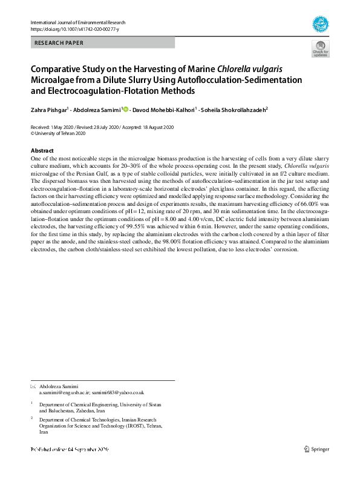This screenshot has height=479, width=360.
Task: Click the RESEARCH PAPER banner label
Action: [59, 43]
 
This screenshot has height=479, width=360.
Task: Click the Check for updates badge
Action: [320, 49]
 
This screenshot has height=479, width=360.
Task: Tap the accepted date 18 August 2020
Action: [152, 127]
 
